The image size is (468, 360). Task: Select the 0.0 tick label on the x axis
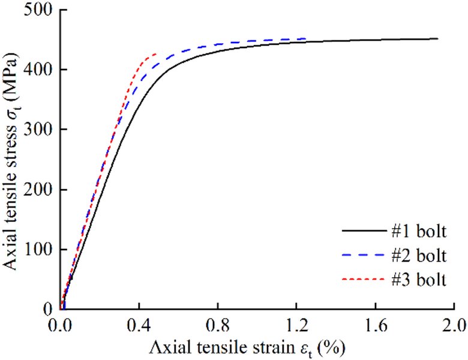point(61,326)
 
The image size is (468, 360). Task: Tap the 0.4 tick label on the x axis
point(140,326)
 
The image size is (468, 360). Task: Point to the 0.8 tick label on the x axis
point(218,326)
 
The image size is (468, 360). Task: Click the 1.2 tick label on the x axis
point(297,326)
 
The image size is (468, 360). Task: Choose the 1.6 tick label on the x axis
point(376,326)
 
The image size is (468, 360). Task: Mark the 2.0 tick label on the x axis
point(454,326)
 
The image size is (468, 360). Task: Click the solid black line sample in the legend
point(362,231)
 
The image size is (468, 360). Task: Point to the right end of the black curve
point(438,38)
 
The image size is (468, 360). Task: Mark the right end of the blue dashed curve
point(306,38)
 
